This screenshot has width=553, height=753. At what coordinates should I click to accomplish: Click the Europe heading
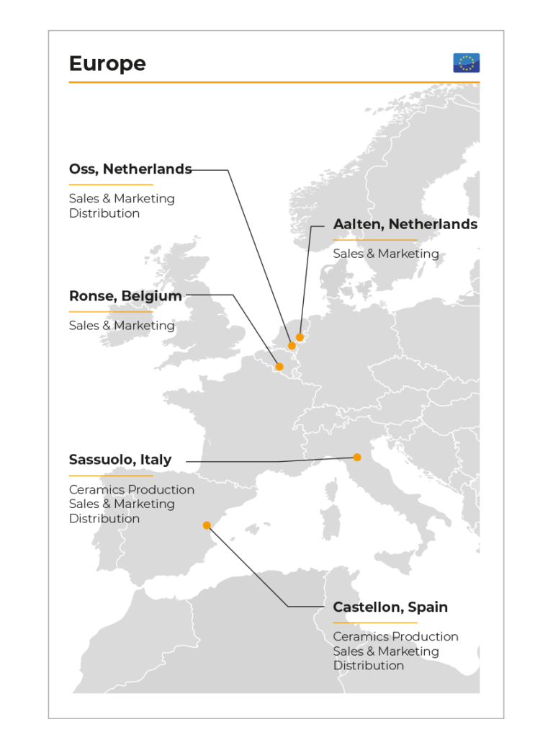[x=107, y=63]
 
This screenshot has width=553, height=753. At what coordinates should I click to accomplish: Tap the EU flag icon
[x=466, y=63]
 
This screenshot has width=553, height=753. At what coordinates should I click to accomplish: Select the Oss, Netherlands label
[x=130, y=169]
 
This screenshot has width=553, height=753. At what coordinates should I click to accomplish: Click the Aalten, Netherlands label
[x=405, y=224]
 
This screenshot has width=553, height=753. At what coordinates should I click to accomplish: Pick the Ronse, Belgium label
[x=125, y=296]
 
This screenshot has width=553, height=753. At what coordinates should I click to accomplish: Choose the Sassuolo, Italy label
[x=120, y=460]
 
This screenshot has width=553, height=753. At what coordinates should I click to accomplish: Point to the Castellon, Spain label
[x=390, y=607]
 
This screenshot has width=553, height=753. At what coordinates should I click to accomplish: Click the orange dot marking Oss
[x=292, y=346]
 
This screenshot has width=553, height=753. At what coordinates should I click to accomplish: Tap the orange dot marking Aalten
[x=300, y=337]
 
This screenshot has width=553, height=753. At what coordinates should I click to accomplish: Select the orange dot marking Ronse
[x=279, y=367]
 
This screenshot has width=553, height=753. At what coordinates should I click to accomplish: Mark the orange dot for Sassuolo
[x=356, y=457]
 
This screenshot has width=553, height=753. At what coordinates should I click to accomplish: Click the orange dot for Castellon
[x=207, y=525]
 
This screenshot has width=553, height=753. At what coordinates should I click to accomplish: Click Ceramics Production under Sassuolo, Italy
[x=132, y=490]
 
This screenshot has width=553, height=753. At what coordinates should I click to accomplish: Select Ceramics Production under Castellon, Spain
[x=395, y=637]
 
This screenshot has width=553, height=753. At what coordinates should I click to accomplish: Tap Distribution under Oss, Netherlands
[x=104, y=213]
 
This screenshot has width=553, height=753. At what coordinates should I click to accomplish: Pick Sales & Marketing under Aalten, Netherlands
[x=386, y=254]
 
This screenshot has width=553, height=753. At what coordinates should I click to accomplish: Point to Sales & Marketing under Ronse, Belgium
[x=122, y=326]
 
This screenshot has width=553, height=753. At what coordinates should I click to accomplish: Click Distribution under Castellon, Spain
[x=368, y=666]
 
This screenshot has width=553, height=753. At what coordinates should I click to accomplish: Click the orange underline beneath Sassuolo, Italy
[x=111, y=476]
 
